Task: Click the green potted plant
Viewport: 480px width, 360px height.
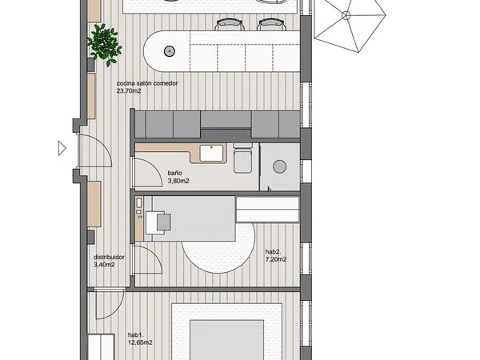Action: click(x=104, y=45)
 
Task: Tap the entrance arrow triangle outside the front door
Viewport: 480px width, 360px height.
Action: click(x=62, y=149)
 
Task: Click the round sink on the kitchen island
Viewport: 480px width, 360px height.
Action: click(x=170, y=51)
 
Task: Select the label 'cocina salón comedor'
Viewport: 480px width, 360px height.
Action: click(x=147, y=83)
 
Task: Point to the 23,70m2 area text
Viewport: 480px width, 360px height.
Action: click(x=129, y=90)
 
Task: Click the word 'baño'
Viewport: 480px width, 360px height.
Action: click(x=174, y=174)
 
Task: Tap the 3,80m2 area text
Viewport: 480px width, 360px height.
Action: click(x=178, y=181)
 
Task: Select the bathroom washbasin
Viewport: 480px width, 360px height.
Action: click(x=211, y=153)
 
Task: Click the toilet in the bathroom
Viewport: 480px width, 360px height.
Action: click(x=242, y=158)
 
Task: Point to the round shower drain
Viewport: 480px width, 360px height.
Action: click(x=280, y=166)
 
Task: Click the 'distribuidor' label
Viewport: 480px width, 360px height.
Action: click(x=109, y=257)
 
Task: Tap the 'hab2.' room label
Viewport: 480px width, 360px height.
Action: click(x=273, y=252)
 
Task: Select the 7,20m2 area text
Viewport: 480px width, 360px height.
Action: click(x=276, y=259)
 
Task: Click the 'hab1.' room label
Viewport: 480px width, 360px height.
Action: click(x=136, y=335)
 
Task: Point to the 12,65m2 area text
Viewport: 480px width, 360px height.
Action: click(x=140, y=342)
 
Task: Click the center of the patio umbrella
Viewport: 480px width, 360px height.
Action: click(x=346, y=15)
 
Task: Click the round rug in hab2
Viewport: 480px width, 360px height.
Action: click(x=218, y=248)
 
